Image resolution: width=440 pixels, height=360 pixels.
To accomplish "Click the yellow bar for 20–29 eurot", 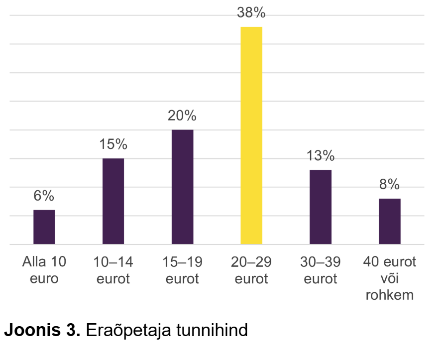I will coord(251,135).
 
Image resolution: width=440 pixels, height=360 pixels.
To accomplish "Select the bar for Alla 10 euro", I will coord(44,227).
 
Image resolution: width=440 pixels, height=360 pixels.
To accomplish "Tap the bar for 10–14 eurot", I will coord(113,201).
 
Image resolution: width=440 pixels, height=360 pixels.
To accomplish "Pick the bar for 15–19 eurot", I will coord(182,187).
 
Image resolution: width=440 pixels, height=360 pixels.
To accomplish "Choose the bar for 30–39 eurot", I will coord(321,207).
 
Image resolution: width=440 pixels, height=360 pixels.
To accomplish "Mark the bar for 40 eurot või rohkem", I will coord(390,221).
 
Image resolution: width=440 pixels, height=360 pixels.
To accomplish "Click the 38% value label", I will coord(251,13).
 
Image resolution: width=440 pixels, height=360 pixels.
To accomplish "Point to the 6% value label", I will coord(44,196).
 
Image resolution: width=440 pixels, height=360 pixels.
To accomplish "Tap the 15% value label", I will coord(113,144).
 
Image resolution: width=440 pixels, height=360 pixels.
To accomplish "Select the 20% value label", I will coord(182,116).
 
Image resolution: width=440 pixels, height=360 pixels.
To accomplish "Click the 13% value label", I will coord(321,156).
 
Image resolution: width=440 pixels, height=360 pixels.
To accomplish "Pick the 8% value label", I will coord(390,185).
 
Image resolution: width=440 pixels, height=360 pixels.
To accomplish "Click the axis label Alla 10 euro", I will coord(44,270).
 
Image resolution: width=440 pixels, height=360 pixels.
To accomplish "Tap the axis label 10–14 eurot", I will coord(113,270).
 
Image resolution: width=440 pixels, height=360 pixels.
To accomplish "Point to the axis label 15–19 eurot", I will coord(182,270).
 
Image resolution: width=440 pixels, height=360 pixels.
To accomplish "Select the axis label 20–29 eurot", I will coord(251,270).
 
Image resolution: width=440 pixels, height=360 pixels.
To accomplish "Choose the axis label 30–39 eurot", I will coord(321,270).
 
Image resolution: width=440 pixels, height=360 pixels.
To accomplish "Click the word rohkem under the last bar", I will coord(390,295).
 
